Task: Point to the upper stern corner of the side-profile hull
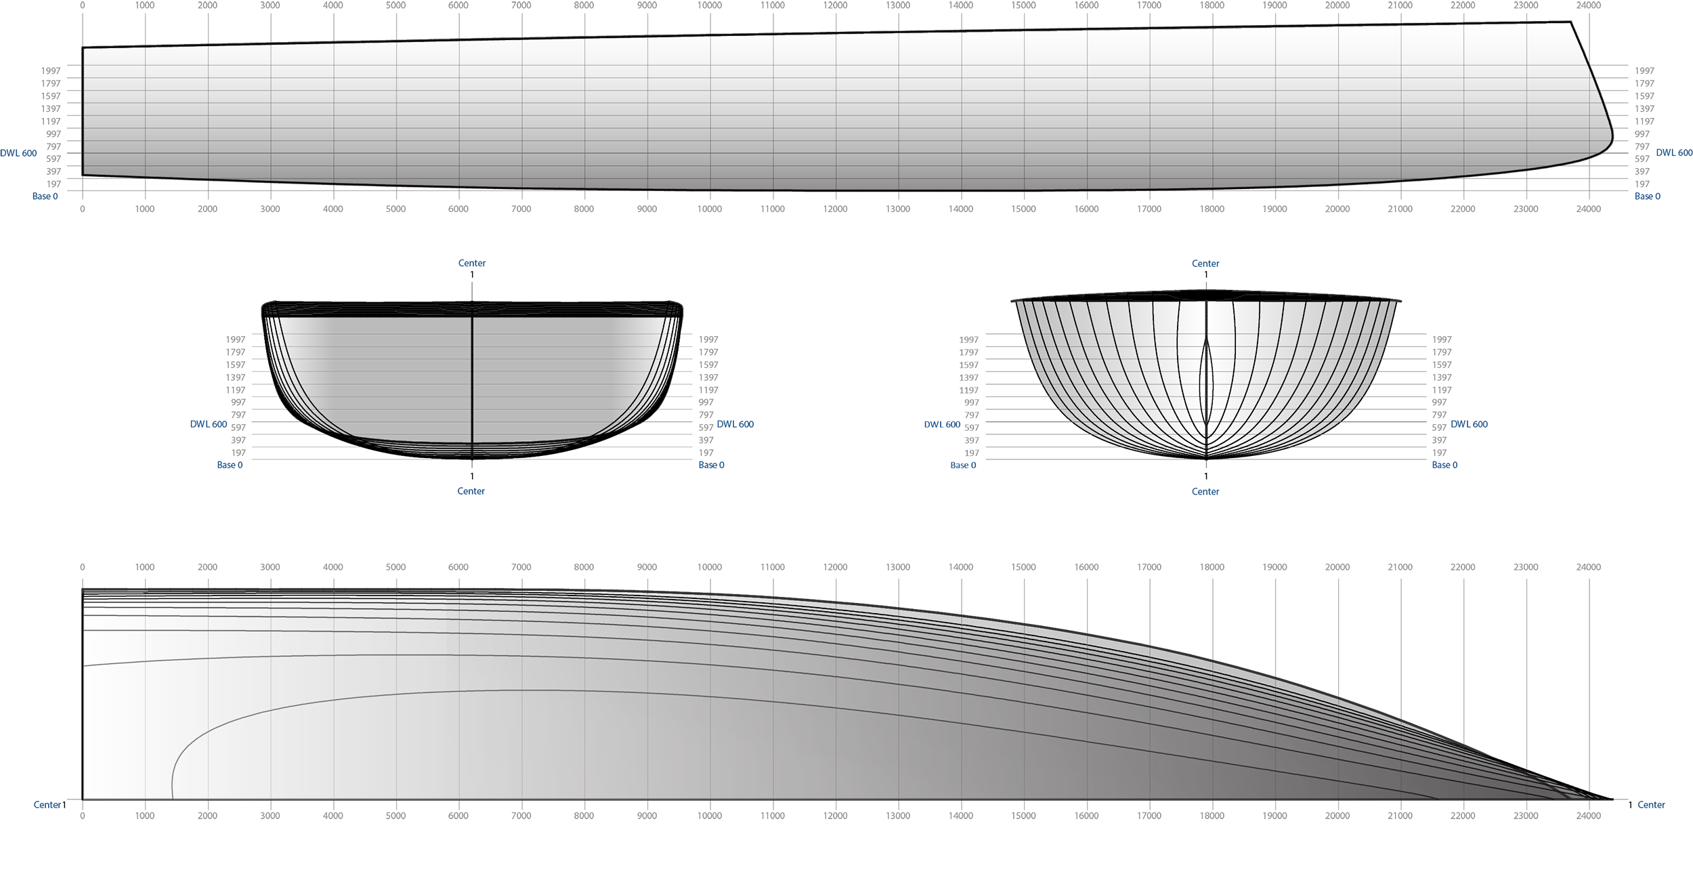tap(84, 49)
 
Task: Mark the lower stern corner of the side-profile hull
tap(84, 175)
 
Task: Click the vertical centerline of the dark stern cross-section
tap(472, 379)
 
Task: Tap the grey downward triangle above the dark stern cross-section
tap(472, 290)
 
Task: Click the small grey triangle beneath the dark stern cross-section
tap(472, 466)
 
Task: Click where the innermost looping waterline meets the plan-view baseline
tap(173, 797)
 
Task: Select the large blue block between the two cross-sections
tap(840, 423)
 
